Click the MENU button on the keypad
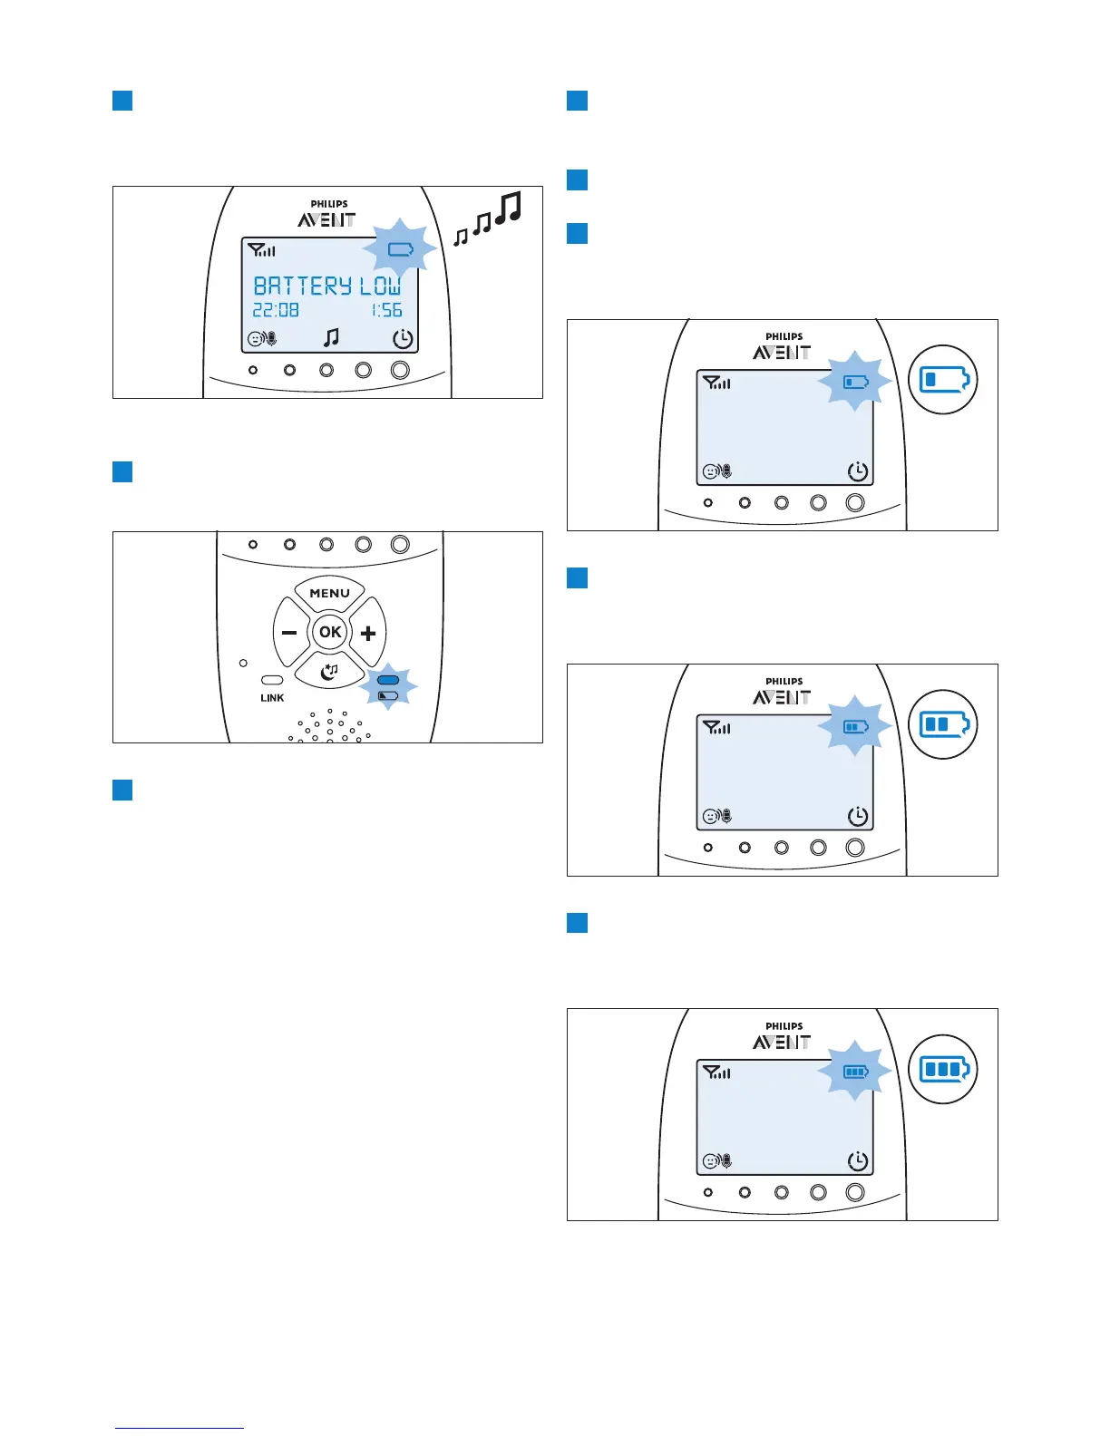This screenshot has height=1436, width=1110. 329,593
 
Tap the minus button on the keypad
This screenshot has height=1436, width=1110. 289,633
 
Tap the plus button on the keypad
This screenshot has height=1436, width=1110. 368,633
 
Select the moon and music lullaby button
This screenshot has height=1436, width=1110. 329,671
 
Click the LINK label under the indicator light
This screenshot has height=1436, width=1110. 272,698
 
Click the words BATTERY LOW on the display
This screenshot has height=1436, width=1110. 326,286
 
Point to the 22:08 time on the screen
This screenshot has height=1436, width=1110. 276,310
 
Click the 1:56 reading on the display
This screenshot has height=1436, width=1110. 387,310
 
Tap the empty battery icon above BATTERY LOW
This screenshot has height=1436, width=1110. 400,249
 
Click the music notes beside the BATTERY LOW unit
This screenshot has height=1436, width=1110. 488,218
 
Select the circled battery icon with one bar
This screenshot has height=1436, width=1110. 943,380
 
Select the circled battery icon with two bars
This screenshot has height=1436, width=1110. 943,724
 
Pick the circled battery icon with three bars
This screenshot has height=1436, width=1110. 943,1070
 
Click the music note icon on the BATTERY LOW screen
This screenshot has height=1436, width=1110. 332,337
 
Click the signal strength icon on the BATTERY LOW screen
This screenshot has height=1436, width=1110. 261,249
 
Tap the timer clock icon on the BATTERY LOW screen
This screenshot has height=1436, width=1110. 403,339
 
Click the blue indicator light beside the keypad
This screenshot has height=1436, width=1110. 388,680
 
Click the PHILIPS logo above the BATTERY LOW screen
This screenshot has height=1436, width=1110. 329,204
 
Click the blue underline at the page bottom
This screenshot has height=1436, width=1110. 180,1428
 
